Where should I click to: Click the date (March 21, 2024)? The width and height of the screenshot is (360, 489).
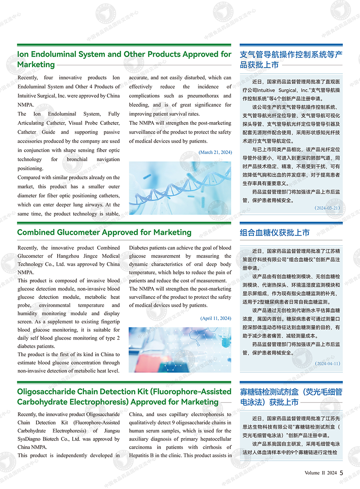click(215, 152)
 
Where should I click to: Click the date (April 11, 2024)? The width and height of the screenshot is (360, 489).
click(216, 319)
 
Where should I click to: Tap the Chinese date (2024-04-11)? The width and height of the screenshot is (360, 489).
click(327, 364)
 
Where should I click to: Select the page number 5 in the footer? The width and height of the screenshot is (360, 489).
click(341, 473)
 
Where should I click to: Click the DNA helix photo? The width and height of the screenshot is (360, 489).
click(180, 188)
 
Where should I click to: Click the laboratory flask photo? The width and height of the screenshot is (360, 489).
click(180, 350)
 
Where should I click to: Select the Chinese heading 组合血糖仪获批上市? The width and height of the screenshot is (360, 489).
click(274, 233)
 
